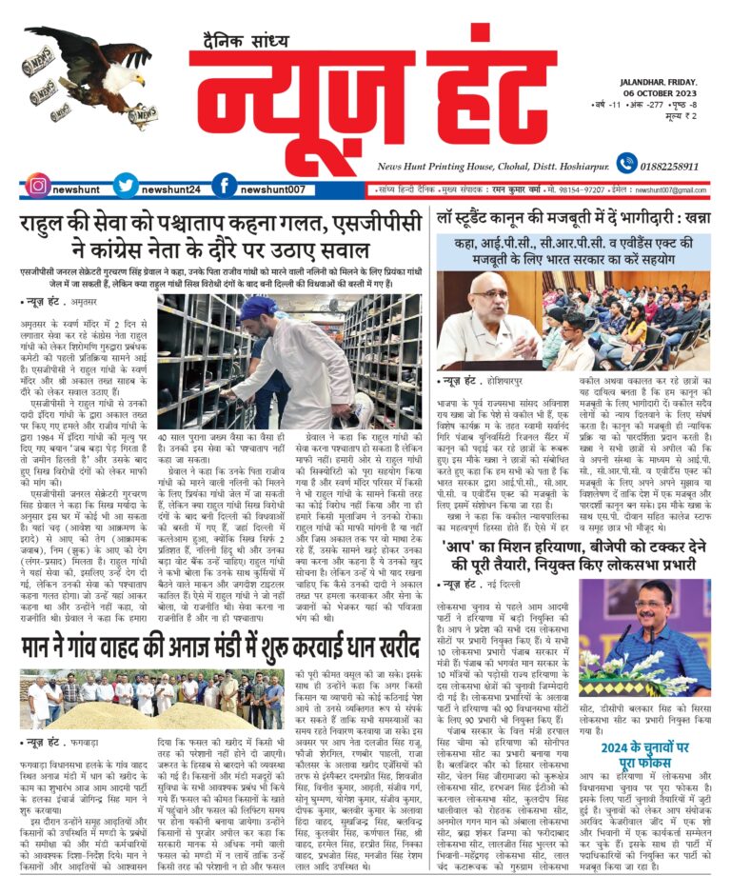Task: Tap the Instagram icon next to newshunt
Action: click(37, 186)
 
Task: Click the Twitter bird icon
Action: click(125, 186)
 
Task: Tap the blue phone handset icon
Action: click(626, 164)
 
